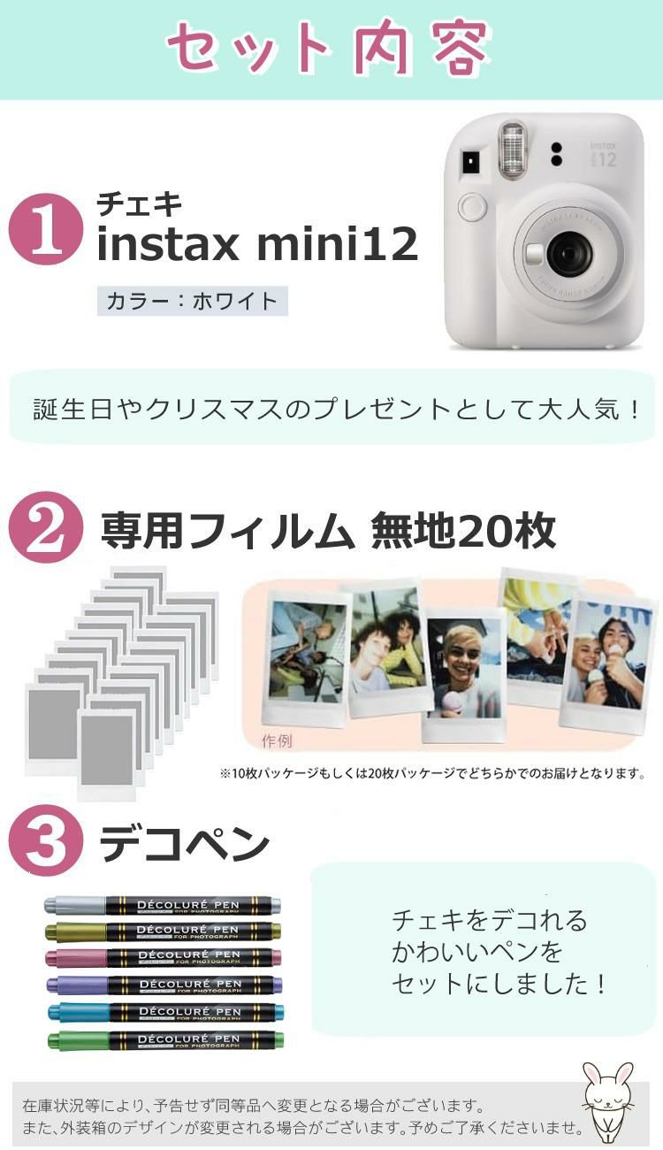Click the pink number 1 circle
(45, 229)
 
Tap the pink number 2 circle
(45, 527)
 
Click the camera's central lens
(568, 255)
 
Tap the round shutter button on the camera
(473, 207)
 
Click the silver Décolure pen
(163, 905)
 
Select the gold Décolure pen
(163, 931)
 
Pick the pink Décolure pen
(163, 956)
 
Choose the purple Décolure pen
(163, 984)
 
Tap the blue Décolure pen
(163, 1011)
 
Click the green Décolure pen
(163, 1039)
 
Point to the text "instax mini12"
(256, 244)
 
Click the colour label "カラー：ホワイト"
(192, 301)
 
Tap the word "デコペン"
(184, 845)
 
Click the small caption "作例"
(277, 741)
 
